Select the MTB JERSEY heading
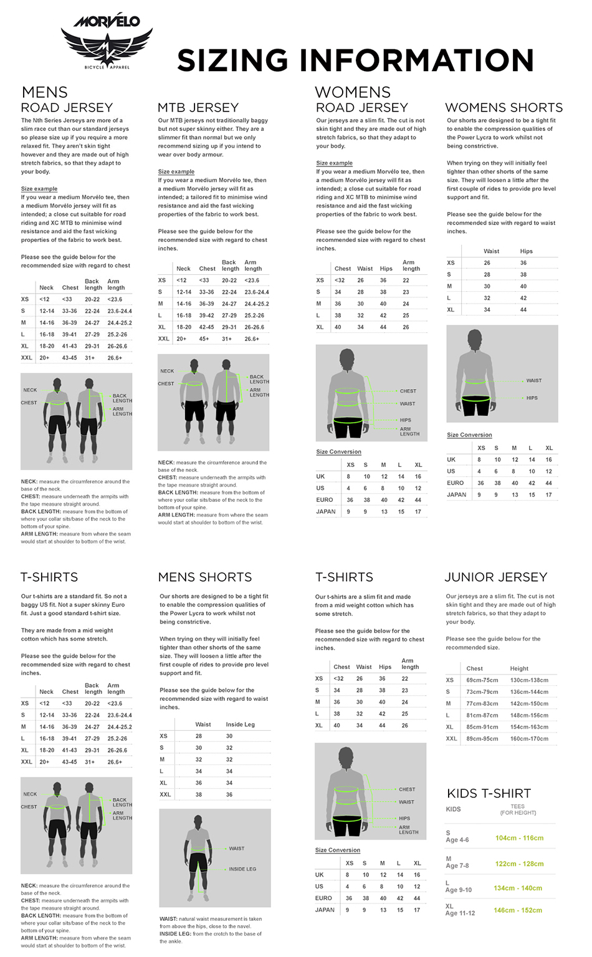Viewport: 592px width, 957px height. (198, 108)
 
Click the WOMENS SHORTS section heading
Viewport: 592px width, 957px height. (504, 108)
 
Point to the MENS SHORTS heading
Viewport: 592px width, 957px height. (205, 577)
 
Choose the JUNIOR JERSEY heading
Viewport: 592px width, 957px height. (496, 577)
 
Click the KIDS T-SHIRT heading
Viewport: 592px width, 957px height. (489, 794)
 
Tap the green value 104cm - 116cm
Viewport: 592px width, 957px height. (519, 838)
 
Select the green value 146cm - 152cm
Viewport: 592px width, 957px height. (518, 910)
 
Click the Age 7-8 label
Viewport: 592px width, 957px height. (457, 866)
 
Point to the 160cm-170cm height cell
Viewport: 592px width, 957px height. (529, 739)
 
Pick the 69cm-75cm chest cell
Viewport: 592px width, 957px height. (482, 680)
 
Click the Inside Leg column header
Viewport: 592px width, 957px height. (240, 724)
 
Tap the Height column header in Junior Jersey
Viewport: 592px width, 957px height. (518, 668)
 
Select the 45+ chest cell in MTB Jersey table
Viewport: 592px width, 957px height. (204, 339)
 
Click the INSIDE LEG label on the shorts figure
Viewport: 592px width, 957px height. (242, 869)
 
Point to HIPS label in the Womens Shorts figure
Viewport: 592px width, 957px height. (532, 398)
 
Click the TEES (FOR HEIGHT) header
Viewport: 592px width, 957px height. (518, 809)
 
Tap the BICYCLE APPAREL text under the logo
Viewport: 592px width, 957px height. (107, 67)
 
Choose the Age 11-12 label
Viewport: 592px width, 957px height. (460, 913)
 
